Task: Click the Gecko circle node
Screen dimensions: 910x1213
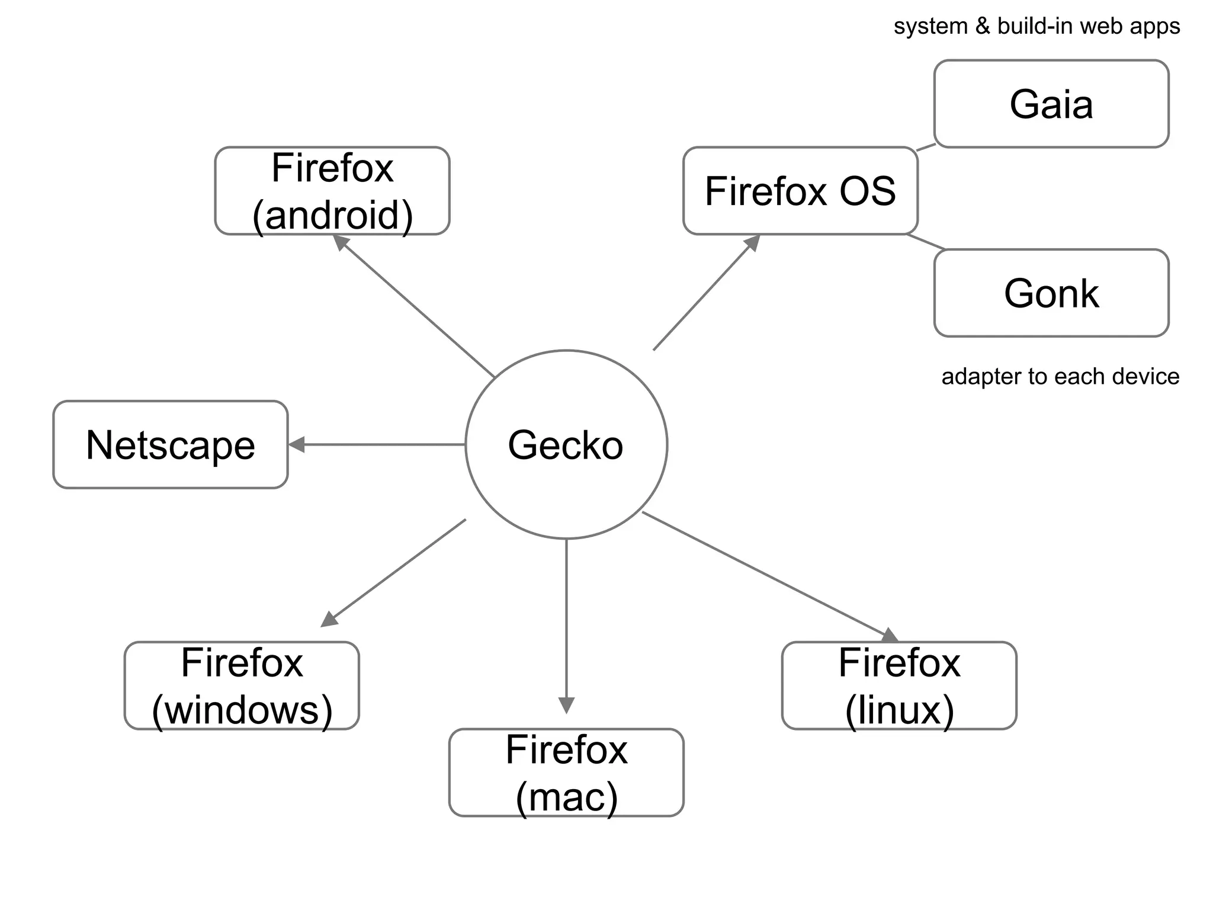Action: (566, 444)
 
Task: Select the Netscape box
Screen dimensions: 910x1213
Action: (171, 444)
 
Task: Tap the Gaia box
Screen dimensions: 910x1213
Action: (1051, 104)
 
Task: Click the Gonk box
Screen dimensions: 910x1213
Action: (1051, 293)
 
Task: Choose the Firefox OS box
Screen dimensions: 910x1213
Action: (800, 191)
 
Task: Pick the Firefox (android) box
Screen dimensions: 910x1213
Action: (332, 191)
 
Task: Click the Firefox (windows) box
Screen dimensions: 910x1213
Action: (242, 685)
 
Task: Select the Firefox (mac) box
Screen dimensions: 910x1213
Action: (566, 773)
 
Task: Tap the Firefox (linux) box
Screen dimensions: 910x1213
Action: (899, 685)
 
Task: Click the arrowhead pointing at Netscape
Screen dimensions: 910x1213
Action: (296, 444)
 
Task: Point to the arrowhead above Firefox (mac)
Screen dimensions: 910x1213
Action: (566, 705)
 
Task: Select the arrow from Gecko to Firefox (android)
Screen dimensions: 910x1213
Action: (415, 306)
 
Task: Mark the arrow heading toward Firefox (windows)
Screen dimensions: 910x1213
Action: (394, 573)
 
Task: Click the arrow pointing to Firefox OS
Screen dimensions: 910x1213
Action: (705, 294)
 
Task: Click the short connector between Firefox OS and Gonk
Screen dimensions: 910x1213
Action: (925, 242)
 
